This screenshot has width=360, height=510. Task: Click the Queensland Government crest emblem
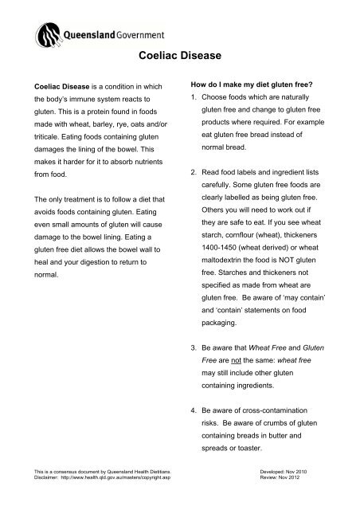tap(47, 34)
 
